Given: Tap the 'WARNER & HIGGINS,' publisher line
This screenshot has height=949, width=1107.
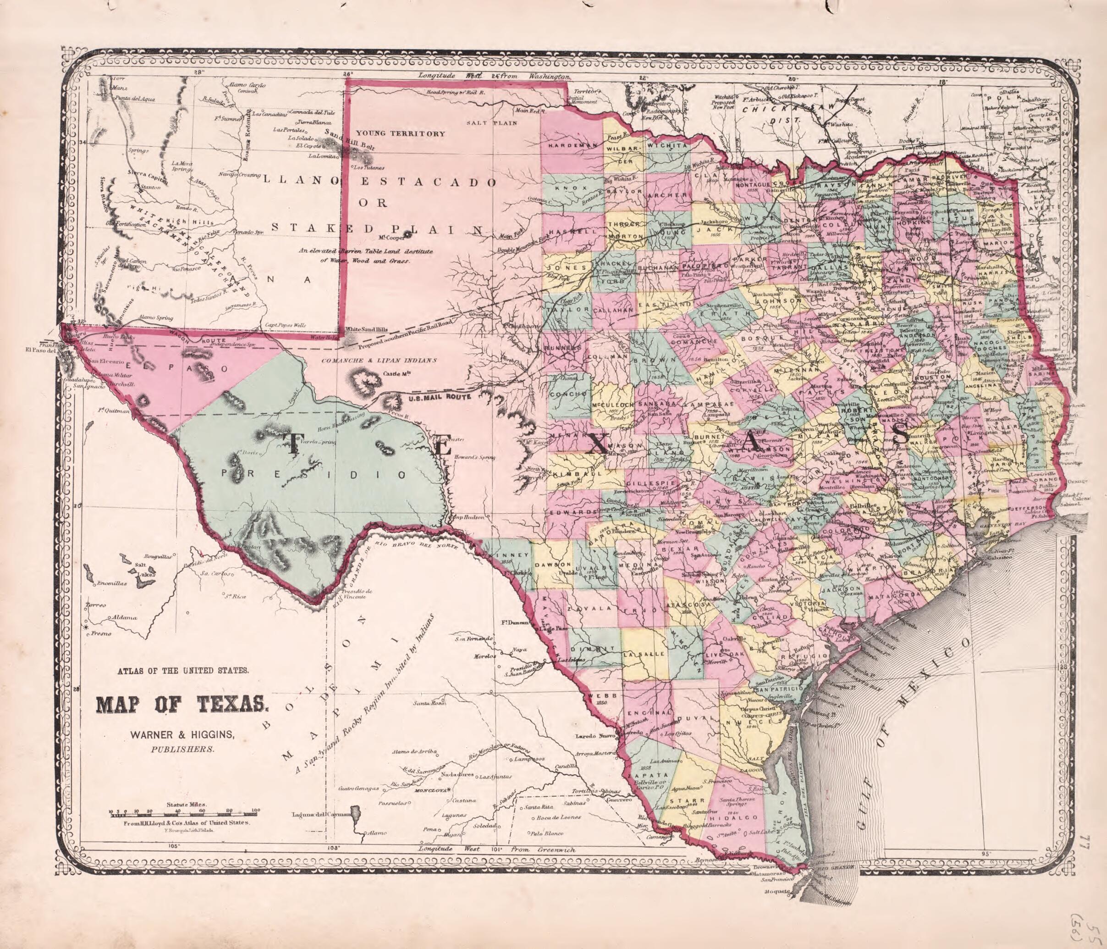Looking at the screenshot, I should click(182, 735).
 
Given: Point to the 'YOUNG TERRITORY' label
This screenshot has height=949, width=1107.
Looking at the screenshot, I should click(400, 133).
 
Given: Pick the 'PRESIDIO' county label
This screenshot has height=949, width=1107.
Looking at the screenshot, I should click(315, 474).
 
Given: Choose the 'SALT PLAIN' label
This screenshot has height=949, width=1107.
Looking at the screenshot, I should click(492, 123).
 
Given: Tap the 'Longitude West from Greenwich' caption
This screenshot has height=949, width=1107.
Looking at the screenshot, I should click(497, 849).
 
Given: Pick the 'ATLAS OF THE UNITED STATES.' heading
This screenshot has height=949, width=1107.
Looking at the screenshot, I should click(182, 671).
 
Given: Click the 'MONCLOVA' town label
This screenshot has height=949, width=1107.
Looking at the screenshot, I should click(433, 790).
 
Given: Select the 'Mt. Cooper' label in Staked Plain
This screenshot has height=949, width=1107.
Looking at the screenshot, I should click(393, 238).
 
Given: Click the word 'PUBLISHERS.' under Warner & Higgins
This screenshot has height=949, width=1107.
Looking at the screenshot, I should click(182, 749).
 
